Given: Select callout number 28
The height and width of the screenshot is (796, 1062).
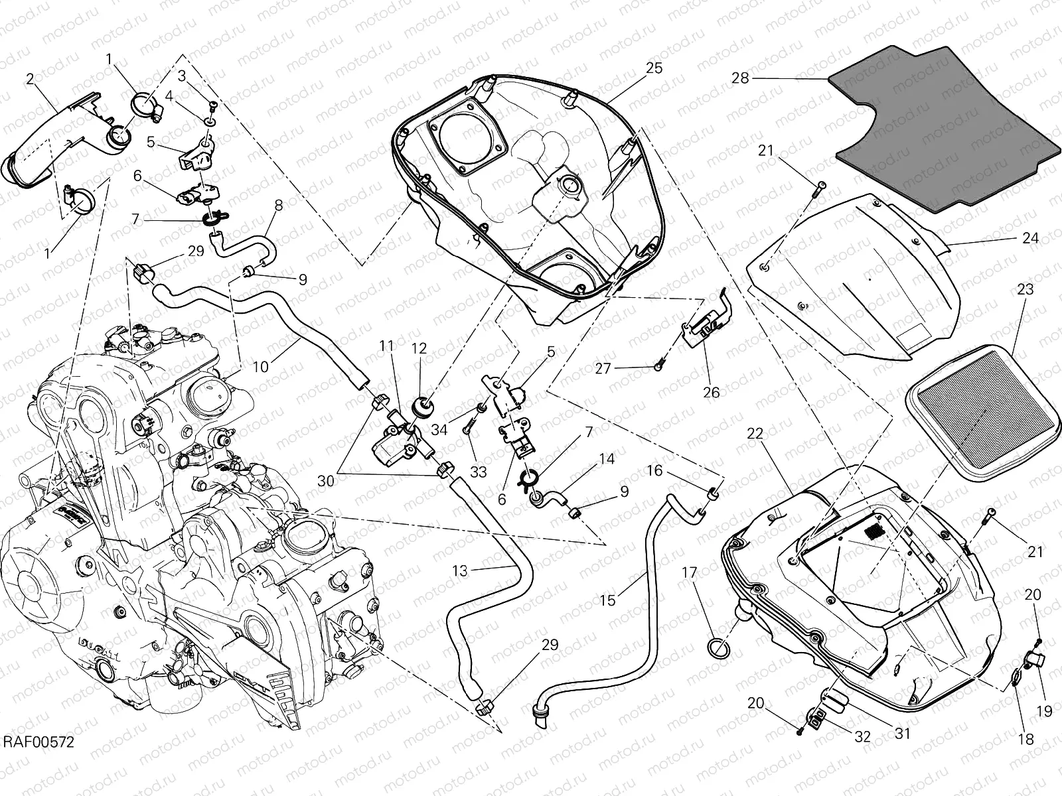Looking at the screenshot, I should (740, 78).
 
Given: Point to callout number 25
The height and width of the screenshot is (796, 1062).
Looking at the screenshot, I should (654, 68).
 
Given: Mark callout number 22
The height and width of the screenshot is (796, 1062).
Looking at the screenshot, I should (755, 434).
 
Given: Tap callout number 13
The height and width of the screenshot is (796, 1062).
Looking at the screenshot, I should (460, 570).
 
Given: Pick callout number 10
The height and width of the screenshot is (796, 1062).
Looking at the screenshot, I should (261, 366).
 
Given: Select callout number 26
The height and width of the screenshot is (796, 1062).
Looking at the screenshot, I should (711, 392).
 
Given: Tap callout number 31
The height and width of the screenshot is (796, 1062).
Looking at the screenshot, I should (903, 734).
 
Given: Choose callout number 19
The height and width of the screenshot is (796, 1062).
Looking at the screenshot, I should (1045, 711).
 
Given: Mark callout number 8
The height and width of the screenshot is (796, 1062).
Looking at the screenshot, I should (278, 206).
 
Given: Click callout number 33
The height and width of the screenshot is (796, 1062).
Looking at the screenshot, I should (478, 472).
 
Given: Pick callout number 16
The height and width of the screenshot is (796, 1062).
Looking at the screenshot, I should (654, 471).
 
